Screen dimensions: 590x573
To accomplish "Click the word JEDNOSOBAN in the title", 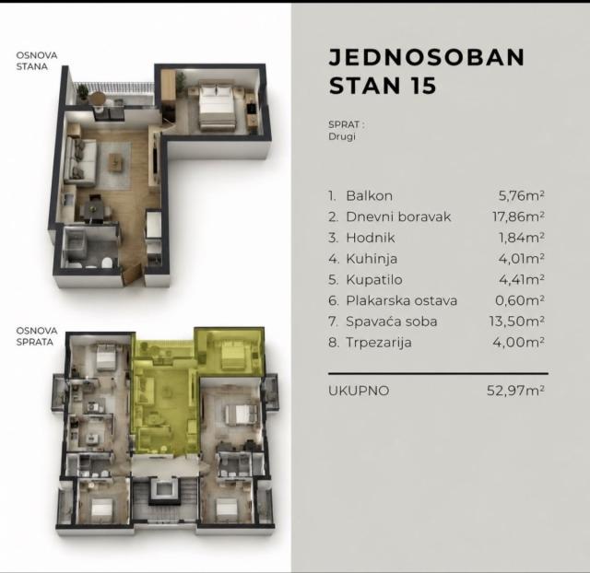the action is [x=427, y=57].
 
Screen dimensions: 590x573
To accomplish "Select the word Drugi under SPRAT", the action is [x=342, y=136].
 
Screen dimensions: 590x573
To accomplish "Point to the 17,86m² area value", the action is [x=518, y=216].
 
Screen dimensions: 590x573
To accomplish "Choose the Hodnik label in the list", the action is [x=371, y=238].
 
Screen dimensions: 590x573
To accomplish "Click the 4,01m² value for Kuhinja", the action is [x=522, y=259].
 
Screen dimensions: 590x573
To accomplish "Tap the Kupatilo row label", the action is [x=374, y=280].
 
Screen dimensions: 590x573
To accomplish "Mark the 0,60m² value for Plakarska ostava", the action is [x=520, y=300].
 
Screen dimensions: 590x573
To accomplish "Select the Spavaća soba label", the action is [x=391, y=322].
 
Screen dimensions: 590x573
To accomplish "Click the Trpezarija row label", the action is [x=379, y=343].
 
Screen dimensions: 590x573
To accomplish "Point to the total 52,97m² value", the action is [x=515, y=391].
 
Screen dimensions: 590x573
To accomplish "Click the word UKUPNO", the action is [x=359, y=391].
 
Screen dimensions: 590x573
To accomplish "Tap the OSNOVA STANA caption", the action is [x=37, y=61].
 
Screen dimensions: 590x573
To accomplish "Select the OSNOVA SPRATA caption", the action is [x=37, y=336].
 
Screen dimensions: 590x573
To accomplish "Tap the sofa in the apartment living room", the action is [x=79, y=161].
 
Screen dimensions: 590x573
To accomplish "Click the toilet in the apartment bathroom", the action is [x=107, y=263].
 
